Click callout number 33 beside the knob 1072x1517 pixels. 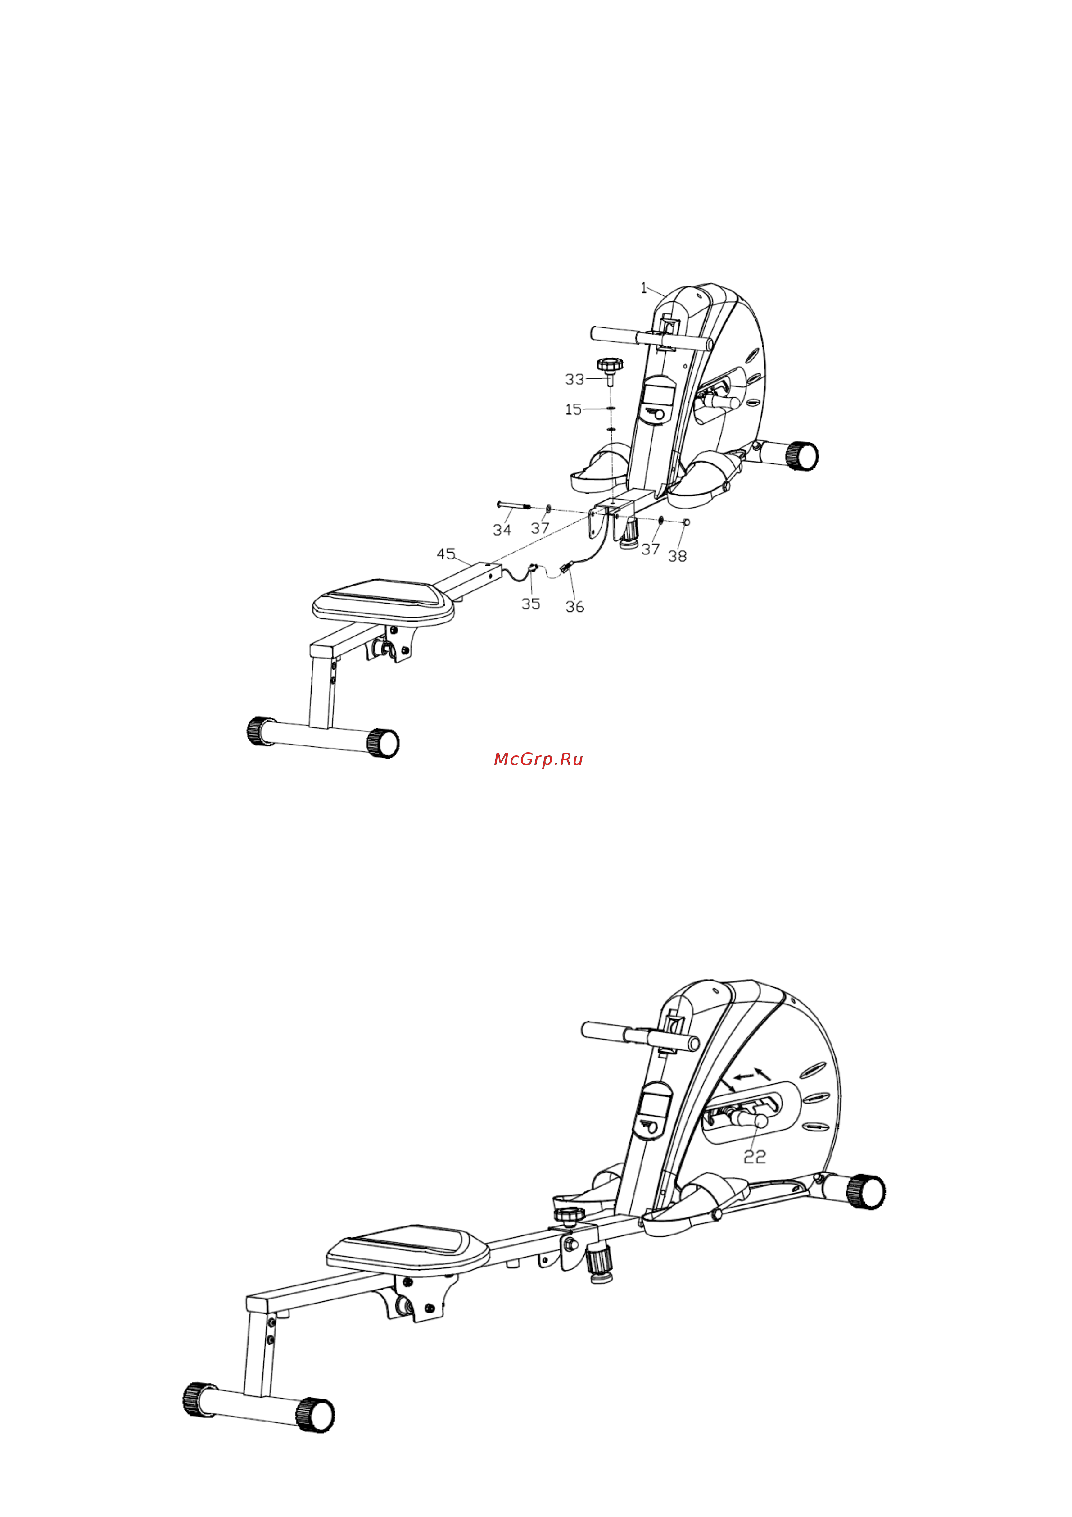point(574,379)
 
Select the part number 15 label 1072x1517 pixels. point(573,409)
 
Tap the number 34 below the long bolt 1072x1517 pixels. point(502,530)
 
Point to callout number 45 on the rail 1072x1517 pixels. point(446,554)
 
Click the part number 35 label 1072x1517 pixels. point(531,604)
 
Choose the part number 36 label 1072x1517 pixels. point(574,607)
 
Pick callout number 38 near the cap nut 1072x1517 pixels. point(677,556)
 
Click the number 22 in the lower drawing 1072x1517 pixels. point(755,1156)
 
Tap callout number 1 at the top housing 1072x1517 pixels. point(644,288)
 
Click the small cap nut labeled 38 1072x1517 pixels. point(686,522)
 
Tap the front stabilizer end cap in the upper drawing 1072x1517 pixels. point(802,455)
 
